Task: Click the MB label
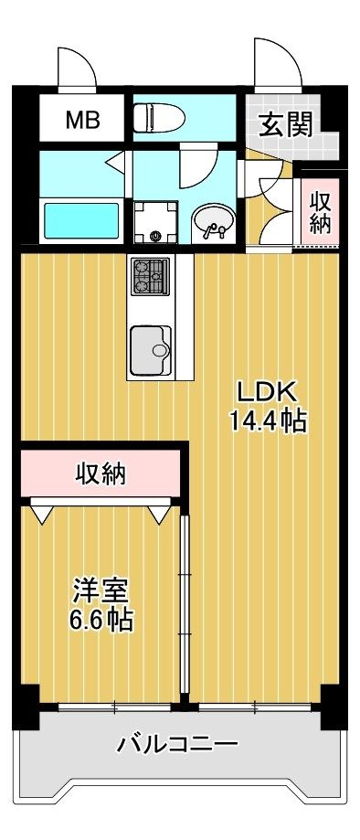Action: pos(82,120)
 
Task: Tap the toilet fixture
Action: pos(159,116)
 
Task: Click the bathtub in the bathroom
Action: pos(81,221)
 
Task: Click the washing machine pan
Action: pos(155,222)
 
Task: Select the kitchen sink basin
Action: pos(151,350)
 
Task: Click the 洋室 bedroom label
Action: pos(101,593)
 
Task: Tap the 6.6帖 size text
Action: pos(101,621)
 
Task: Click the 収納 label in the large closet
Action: pos(101,474)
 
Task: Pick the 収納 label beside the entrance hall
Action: pos(321,212)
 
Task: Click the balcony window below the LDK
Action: pos(255,707)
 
